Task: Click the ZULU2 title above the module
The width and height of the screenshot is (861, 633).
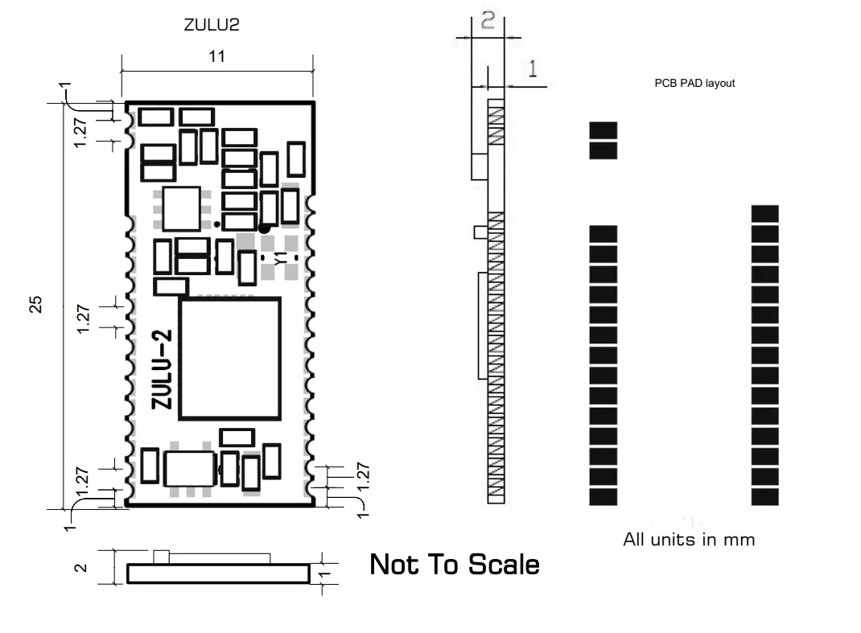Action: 212,25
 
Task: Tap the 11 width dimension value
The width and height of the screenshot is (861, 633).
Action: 216,56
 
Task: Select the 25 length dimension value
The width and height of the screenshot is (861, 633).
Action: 35,304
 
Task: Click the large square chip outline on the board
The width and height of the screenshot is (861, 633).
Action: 229,358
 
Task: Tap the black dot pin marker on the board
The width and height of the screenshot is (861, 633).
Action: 264,228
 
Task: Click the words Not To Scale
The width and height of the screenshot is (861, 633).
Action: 454,565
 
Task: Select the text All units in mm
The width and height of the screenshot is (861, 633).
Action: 689,539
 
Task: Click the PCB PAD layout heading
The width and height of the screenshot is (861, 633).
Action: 694,83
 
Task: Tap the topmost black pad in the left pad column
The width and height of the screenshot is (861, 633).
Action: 604,130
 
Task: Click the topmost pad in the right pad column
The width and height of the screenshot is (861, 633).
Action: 764,214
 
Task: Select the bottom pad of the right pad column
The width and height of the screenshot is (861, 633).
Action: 764,497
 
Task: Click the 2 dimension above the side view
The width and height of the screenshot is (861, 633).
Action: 488,22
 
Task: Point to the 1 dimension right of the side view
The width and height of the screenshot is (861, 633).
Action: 532,69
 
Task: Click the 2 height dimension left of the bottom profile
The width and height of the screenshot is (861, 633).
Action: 80,567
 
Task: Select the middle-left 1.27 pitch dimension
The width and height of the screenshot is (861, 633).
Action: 83,319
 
